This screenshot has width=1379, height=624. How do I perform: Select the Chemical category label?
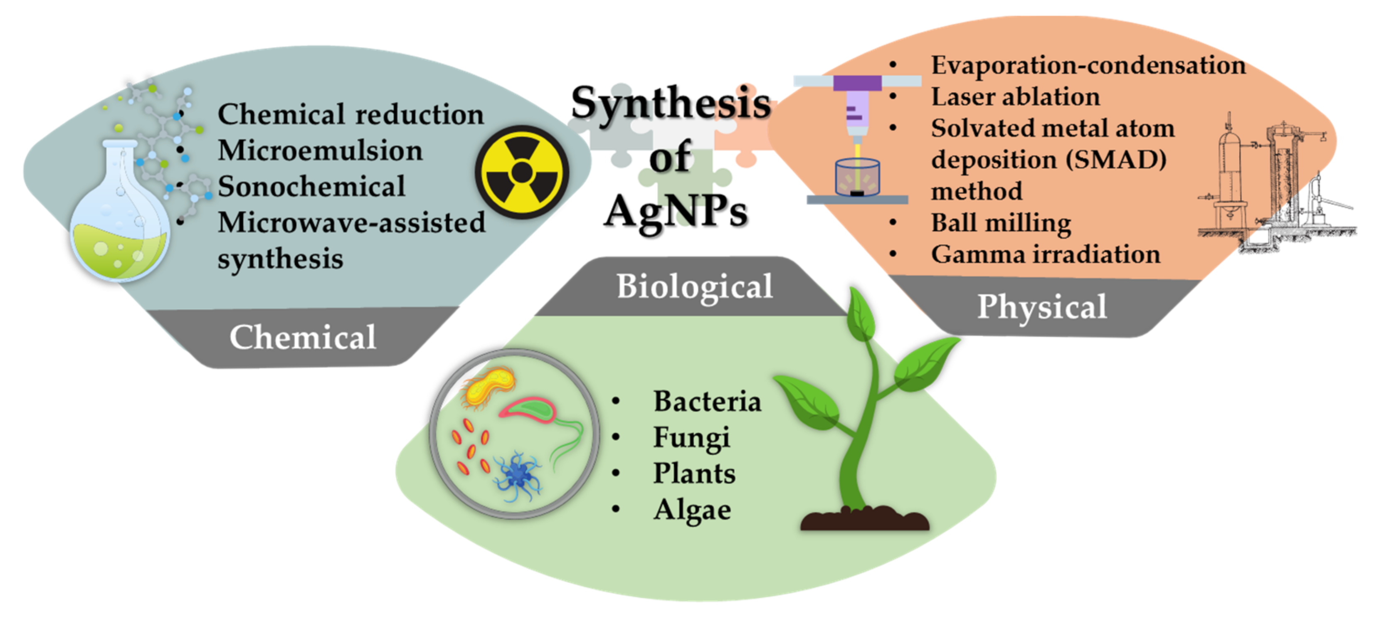tap(303, 337)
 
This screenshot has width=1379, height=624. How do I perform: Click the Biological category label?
tap(695, 287)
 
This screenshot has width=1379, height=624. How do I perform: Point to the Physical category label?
tap(1042, 308)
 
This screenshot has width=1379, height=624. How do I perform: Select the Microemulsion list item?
tap(320, 150)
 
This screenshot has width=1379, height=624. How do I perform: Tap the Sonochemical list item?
tap(311, 187)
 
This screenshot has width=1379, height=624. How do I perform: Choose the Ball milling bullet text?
tap(1001, 223)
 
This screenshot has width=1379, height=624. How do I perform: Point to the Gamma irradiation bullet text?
tap(1046, 254)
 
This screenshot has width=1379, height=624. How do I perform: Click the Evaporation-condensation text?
tap(1088, 65)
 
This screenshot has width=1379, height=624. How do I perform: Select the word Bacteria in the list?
tap(707, 401)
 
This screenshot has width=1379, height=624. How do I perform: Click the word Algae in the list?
tap(692, 510)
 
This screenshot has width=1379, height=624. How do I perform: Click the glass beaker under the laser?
tap(858, 177)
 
